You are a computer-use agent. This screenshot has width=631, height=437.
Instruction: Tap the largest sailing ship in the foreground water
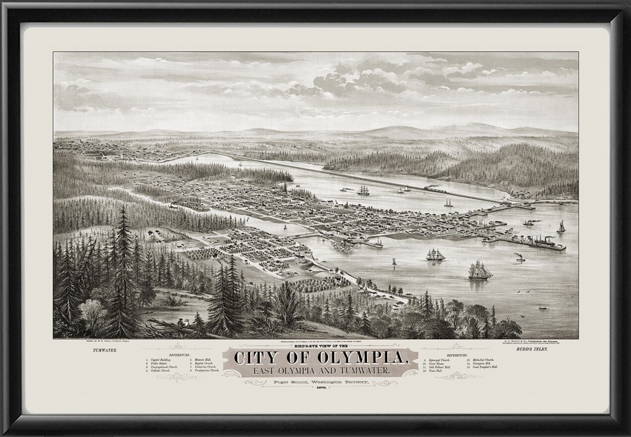[x=480, y=270]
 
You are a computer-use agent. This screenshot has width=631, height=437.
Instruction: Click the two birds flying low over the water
[x=523, y=292]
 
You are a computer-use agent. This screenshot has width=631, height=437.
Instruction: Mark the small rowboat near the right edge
[x=544, y=308]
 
